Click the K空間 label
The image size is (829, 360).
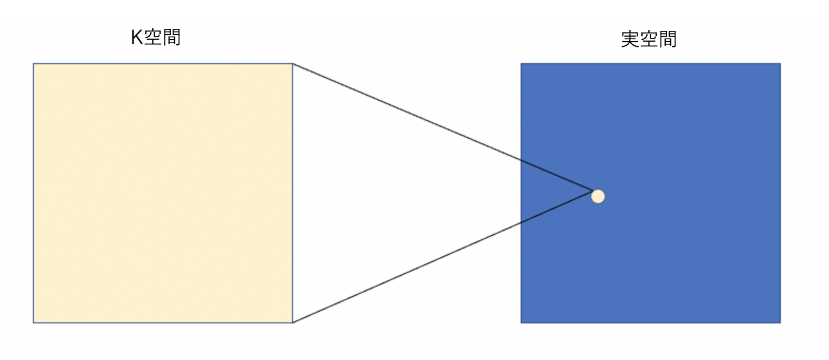[156, 37]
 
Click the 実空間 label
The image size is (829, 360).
[649, 39]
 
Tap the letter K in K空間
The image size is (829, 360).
[137, 37]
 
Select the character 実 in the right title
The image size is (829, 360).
[630, 39]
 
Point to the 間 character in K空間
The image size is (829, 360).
[172, 37]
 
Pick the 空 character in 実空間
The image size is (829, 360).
[649, 39]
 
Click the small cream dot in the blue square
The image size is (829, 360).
[598, 196]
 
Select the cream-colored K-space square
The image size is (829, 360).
[163, 193]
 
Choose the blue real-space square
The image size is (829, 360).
[650, 193]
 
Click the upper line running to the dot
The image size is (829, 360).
[443, 127]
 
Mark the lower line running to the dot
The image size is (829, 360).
[443, 257]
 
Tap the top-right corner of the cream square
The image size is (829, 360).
[293, 64]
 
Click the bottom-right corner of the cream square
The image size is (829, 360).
[293, 323]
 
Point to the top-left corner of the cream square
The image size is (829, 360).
[33, 64]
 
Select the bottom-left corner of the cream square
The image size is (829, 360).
[33, 323]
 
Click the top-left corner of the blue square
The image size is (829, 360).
[521, 64]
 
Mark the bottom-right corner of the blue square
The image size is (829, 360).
[781, 323]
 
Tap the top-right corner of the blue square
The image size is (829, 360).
[781, 64]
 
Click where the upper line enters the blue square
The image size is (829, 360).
[521, 161]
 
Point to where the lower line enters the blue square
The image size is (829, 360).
[521, 223]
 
